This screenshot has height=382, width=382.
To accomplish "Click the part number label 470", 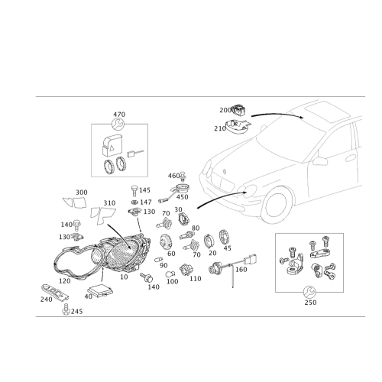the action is click(x=119, y=115).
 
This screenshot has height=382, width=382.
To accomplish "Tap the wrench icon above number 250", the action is click(x=309, y=292).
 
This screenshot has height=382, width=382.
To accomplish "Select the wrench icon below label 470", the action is click(x=118, y=125).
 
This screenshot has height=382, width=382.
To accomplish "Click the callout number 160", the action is click(x=241, y=269).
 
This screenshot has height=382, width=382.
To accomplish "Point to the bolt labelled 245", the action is click(x=66, y=309).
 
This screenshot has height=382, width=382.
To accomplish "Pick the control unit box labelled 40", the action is click(x=100, y=290).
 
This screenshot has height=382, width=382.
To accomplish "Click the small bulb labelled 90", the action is click(x=158, y=260).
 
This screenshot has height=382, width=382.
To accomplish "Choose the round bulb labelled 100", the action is click(x=170, y=274).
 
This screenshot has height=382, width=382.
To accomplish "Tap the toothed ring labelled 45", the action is click(x=223, y=237).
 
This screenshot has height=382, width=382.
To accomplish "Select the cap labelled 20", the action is click(x=209, y=241).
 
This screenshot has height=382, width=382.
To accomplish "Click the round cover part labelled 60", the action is click(x=166, y=241).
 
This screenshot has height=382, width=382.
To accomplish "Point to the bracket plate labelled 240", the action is click(x=55, y=293).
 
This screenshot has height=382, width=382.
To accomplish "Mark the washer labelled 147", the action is click(x=134, y=202).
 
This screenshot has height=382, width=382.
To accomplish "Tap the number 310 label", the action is click(x=109, y=203).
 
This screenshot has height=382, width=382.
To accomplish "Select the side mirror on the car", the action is click(x=320, y=161).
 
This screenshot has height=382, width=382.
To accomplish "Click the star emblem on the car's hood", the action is click(x=225, y=171).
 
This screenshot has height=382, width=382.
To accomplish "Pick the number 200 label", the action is click(x=225, y=110).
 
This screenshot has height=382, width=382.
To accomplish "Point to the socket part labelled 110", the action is click(x=186, y=270).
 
